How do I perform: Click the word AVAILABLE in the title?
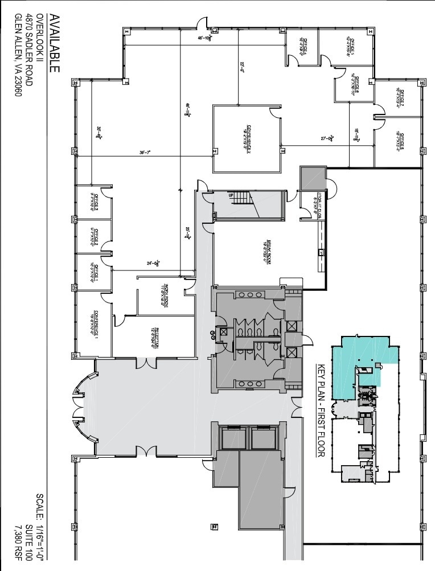tap(55, 44)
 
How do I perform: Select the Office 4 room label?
tap(303, 45)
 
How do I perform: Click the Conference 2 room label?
tap(248, 137)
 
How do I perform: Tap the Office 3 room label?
tap(95, 202)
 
